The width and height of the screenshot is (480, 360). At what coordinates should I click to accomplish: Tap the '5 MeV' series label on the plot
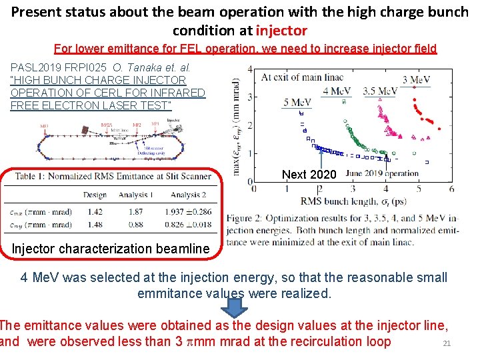coord(297,102)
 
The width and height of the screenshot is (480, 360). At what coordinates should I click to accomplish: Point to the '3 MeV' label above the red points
coord(416,79)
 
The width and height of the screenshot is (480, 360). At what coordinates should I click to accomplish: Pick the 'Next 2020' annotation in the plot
coord(309,175)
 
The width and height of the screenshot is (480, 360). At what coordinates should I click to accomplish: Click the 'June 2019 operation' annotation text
coord(382,173)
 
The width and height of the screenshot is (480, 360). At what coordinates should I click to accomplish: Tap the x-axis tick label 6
coord(451,189)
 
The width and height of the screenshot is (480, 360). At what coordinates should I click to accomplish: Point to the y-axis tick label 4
coord(249,69)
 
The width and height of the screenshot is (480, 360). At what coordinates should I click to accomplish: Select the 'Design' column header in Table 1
coord(95,195)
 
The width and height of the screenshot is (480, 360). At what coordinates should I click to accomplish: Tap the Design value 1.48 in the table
coord(95,225)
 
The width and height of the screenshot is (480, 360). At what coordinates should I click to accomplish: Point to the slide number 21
coord(447,344)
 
